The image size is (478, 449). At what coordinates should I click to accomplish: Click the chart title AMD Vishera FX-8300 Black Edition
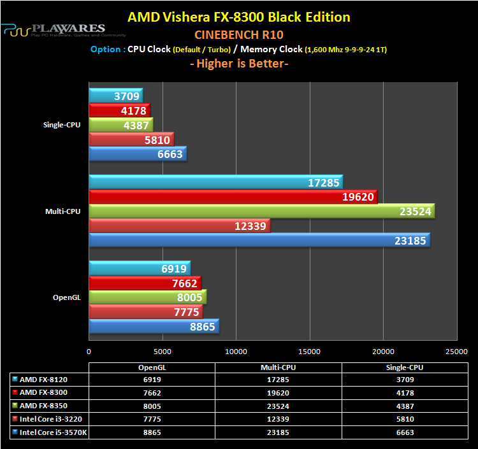point(239,17)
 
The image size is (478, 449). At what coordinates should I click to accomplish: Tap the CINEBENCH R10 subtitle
point(239,34)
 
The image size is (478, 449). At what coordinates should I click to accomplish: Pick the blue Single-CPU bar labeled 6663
point(138,153)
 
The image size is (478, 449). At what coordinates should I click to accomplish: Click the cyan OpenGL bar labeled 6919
point(140,267)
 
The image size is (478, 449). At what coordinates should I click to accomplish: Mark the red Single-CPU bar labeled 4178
point(119,111)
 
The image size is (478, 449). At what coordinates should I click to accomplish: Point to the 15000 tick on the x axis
point(309,351)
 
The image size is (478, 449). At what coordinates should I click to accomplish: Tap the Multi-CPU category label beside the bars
point(62,211)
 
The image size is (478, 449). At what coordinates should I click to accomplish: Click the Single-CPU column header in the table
point(405,367)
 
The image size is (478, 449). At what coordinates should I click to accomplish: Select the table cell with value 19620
point(279,392)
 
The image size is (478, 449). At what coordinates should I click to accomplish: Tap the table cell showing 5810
point(405,418)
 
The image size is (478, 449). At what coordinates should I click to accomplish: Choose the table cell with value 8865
point(152,432)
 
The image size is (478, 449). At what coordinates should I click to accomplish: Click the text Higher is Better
point(238,64)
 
